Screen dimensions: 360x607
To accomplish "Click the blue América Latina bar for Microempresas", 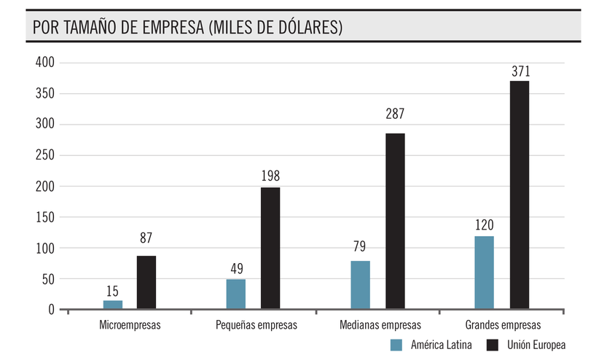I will click(113, 305).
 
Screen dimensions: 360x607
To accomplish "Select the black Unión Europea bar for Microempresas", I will click(146, 282).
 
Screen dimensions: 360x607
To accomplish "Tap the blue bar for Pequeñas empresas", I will click(235, 294).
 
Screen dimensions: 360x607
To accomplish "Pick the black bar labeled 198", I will click(270, 248).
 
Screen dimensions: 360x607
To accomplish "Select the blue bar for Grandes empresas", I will click(484, 272).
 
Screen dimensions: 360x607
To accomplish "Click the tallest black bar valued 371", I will click(520, 195).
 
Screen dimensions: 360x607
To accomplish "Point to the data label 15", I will click(112, 291).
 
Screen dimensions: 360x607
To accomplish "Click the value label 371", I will click(520, 71).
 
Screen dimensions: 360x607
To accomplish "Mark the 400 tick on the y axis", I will click(45, 63).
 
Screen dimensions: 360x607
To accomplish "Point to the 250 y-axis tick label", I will click(45, 155).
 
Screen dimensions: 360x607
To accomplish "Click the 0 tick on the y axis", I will click(51, 310).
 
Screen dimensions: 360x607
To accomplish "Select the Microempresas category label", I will click(130, 325).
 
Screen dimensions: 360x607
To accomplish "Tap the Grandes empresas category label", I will click(502, 325).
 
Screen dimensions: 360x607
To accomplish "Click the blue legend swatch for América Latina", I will click(396, 345).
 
